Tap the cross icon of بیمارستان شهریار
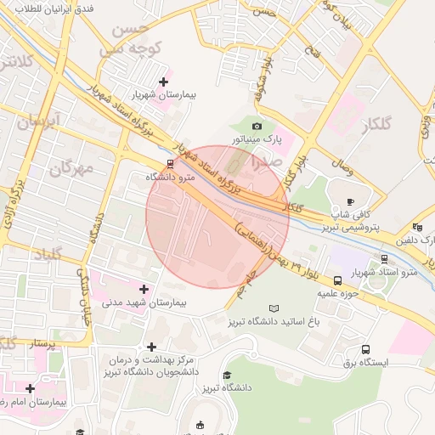[x=163, y=82]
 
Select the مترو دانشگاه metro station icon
[x=170, y=164]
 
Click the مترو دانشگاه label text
[x=171, y=177]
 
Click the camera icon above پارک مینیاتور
[x=257, y=126]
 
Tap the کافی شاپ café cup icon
[x=350, y=201]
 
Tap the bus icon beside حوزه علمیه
[x=338, y=280]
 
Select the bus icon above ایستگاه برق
[x=366, y=349]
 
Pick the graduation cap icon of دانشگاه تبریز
[x=227, y=375]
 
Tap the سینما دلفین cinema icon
[x=417, y=227]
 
